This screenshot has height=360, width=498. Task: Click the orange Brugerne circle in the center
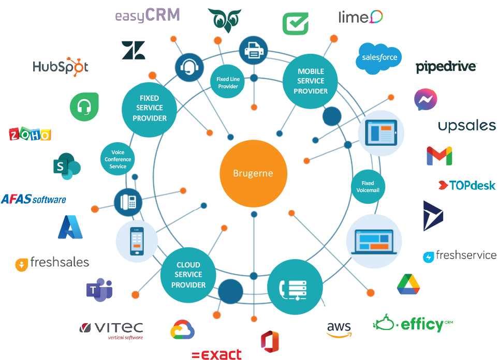pyautogui.click(x=254, y=173)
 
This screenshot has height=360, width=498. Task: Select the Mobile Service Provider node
pyautogui.click(x=310, y=81)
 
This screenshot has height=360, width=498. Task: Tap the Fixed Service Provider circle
pyautogui.click(x=149, y=109)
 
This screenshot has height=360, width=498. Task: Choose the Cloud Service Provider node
pyautogui.click(x=188, y=275)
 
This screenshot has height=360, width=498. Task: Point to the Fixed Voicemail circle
pyautogui.click(x=368, y=187)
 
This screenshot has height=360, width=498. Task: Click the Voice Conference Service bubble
pyautogui.click(x=118, y=159)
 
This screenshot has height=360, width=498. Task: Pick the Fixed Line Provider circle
pyautogui.click(x=228, y=82)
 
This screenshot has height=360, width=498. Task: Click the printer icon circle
pyautogui.click(x=254, y=51)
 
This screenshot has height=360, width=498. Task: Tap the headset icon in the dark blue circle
pyautogui.click(x=189, y=67)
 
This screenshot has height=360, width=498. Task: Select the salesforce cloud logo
pyautogui.click(x=378, y=58)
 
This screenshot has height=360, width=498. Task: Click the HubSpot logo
pyautogui.click(x=61, y=67)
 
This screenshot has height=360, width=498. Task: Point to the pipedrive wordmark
pyautogui.click(x=446, y=67)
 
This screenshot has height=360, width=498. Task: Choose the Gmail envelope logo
pyautogui.click(x=439, y=156)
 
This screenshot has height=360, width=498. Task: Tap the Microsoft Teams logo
pyautogui.click(x=99, y=290)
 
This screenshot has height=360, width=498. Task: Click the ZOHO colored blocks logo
pyautogui.click(x=30, y=134)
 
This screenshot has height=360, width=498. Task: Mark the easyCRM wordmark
pyautogui.click(x=148, y=16)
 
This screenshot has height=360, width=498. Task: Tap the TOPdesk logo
pyautogui.click(x=467, y=185)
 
